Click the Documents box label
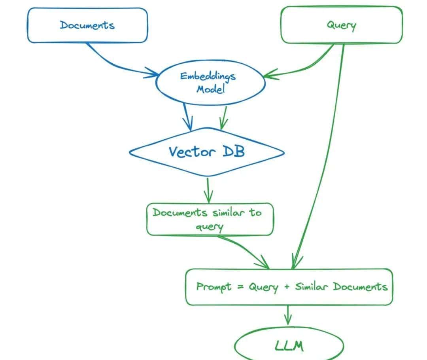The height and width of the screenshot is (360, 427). point(87,25)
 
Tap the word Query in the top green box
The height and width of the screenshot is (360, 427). point(341,25)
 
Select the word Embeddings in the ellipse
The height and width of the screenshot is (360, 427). point(208,76)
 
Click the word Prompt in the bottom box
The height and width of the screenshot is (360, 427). point(213,286)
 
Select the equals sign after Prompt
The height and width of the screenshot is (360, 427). point(240,287)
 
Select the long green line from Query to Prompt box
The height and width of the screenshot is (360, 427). point(324,158)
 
